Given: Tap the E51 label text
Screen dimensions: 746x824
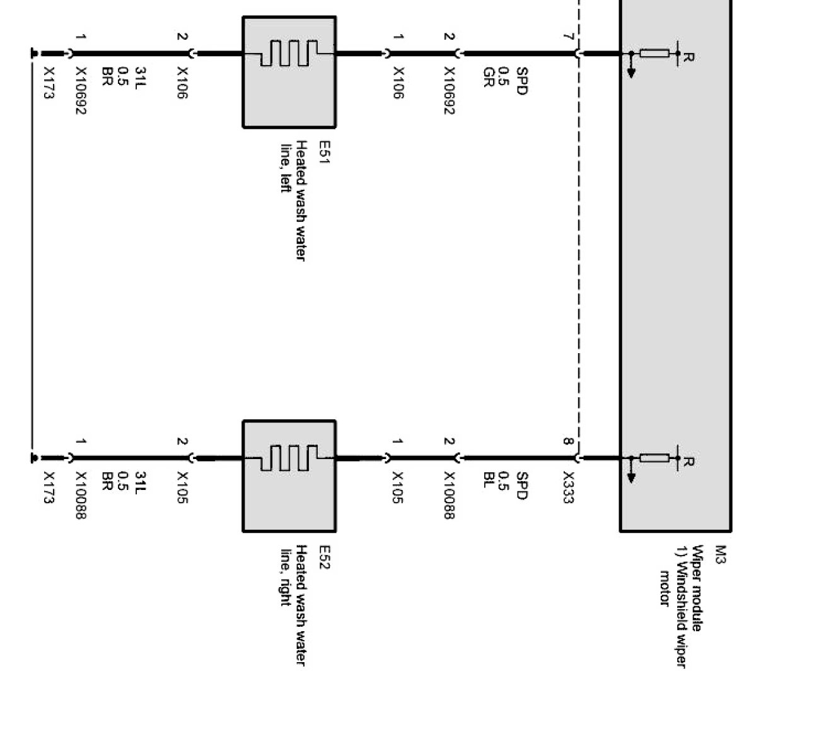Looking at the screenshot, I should point(323,152).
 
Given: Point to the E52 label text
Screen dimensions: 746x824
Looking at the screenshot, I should point(323,557).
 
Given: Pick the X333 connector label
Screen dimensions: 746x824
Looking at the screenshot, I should point(568,487).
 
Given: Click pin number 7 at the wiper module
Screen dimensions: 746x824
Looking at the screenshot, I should point(568,36).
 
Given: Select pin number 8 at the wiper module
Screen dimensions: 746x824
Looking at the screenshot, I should point(568,441).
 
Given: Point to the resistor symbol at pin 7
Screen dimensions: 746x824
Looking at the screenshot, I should point(654,54).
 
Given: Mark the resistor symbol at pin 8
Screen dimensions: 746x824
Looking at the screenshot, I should point(654,458).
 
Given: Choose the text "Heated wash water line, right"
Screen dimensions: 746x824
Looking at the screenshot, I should point(294,605).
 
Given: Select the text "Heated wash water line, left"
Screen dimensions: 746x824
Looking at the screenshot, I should point(294,201).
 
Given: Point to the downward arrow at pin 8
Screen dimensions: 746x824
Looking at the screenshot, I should point(631,475).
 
